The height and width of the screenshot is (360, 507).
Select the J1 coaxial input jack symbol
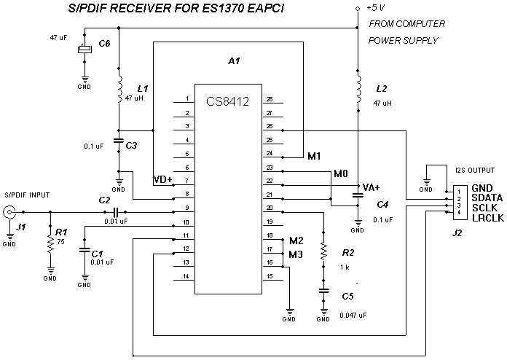coord(9,212)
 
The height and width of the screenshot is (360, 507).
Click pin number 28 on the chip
coord(269,99)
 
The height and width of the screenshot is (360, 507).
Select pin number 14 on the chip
coord(186,276)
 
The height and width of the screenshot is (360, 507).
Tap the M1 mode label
coord(315,156)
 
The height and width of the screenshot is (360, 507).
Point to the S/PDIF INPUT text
coord(28,195)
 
